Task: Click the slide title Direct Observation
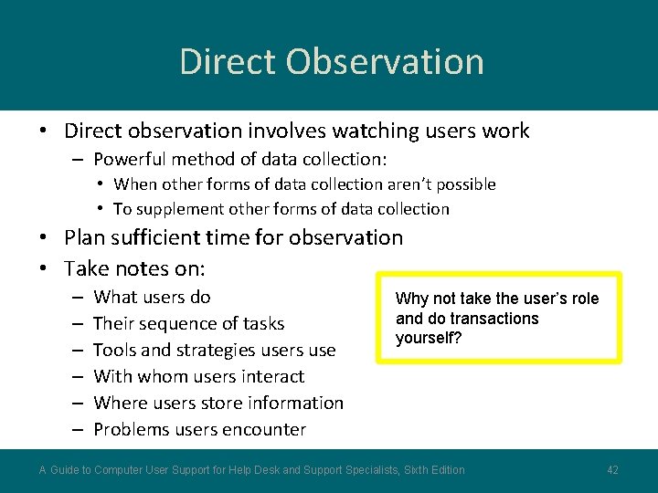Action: [x=331, y=61]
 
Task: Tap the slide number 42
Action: [x=612, y=470]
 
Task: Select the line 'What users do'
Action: [x=152, y=297]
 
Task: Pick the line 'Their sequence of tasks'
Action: [x=188, y=323]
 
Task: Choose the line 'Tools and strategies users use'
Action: [x=214, y=350]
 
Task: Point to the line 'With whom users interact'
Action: [x=198, y=376]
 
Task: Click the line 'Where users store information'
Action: [x=218, y=403]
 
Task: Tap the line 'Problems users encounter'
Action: [x=199, y=429]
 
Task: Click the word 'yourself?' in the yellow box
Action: [x=429, y=338]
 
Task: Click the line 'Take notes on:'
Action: [x=134, y=268]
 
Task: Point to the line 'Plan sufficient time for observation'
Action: [x=233, y=237]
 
